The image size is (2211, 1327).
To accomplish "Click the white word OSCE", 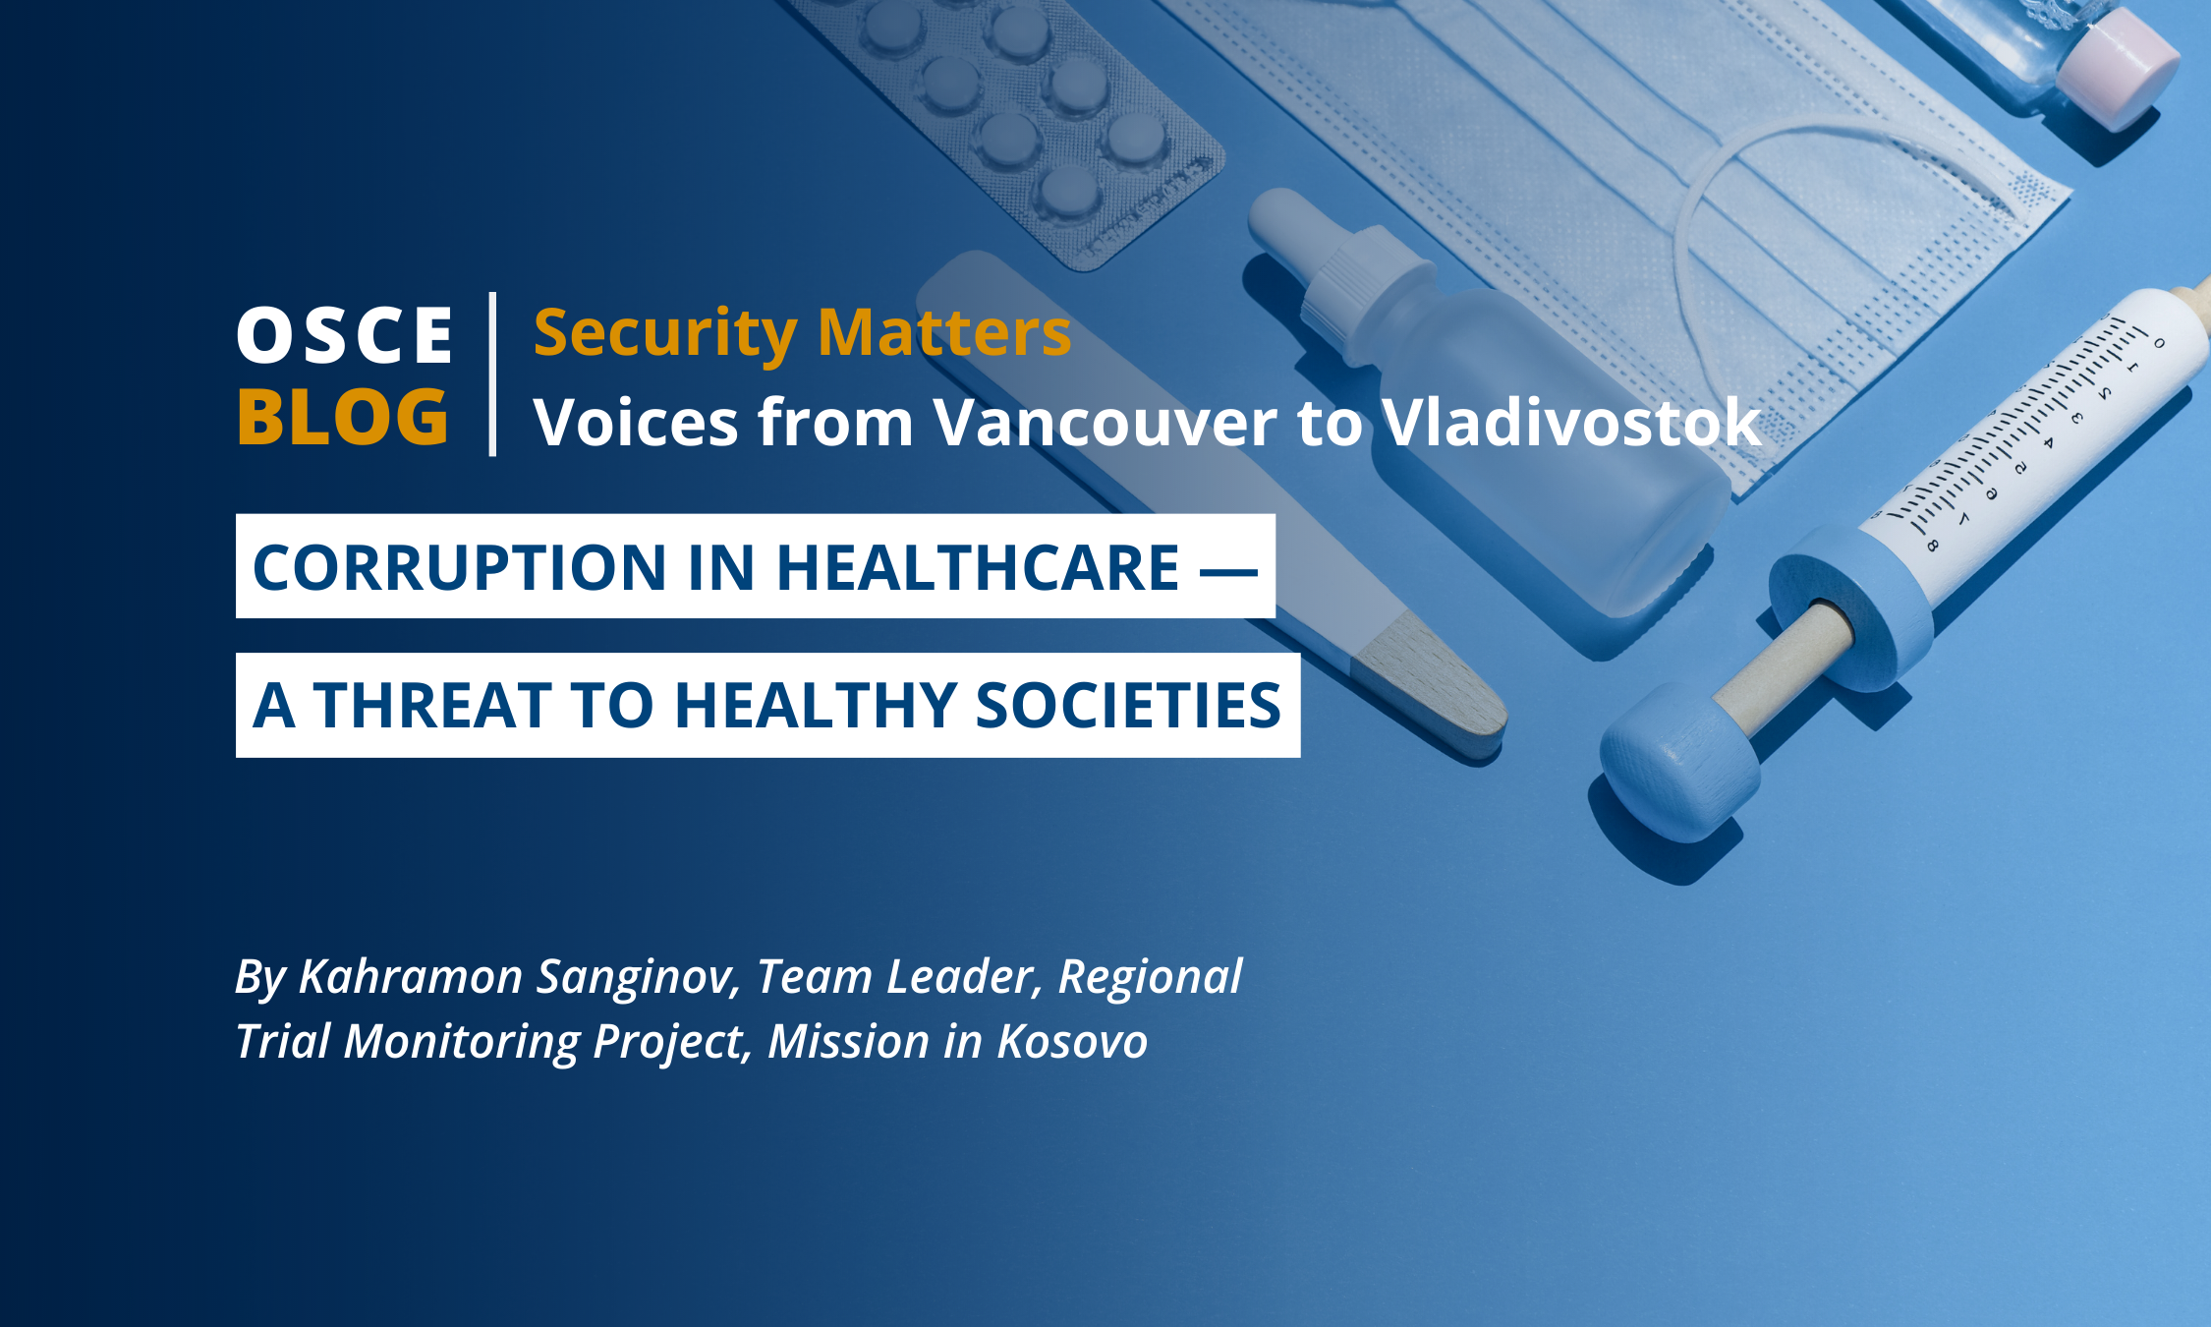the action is point(344,335).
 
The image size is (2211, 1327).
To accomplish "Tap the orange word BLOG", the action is point(342,417).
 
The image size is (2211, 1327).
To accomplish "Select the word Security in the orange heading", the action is point(664,334).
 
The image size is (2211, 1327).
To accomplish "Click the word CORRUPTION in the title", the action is point(460,567).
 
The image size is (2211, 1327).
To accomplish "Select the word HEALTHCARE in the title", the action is point(978,567).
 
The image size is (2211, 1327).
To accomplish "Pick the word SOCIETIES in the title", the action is point(1128,706).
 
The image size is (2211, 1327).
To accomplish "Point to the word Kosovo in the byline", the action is point(1072,1041).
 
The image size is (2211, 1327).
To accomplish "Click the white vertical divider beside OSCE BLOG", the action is point(492,375).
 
